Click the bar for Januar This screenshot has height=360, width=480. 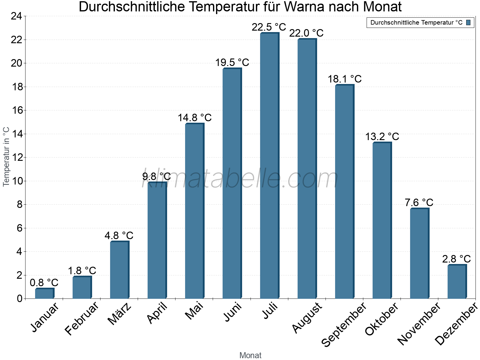tap(44, 293)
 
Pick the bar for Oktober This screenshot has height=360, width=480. tap(382, 220)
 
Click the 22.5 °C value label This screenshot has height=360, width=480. tap(269, 27)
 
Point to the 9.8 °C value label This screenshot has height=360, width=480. tap(156, 176)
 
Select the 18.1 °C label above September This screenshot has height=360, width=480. tap(344, 79)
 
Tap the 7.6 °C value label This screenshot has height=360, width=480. tap(419, 203)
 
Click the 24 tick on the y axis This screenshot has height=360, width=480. tap(16, 16)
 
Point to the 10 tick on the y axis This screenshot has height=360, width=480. tap(16, 181)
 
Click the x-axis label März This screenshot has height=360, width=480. tap(119, 314)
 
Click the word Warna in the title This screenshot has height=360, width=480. tap(304, 7)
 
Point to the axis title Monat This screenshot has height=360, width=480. tap(250, 355)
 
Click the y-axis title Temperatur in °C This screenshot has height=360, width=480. tap(6, 157)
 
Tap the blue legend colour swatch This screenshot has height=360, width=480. tap(468, 22)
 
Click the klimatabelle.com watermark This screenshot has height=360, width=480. tap(240, 179)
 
